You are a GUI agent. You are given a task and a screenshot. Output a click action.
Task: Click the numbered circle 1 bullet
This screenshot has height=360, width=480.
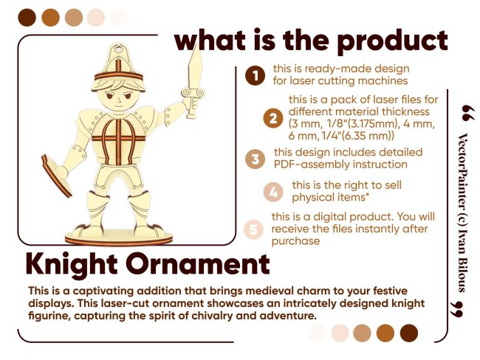point(255,75)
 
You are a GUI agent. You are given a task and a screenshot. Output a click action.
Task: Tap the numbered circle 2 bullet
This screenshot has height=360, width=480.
point(272,118)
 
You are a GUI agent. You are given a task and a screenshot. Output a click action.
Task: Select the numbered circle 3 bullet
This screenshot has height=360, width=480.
point(255,159)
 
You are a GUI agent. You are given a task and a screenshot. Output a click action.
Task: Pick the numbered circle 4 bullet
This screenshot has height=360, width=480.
point(273,192)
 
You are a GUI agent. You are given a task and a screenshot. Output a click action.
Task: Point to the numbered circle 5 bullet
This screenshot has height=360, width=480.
point(253,229)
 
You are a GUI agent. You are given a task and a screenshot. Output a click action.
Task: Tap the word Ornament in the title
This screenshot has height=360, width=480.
point(198,264)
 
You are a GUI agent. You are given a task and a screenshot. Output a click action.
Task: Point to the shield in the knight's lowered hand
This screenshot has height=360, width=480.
point(56,176)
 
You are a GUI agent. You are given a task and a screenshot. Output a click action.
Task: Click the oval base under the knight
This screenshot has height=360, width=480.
point(119,238)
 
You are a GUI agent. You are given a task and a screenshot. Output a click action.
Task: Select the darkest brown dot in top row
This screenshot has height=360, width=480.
point(27,18)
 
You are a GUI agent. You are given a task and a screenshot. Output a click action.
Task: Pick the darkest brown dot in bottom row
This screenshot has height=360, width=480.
point(409,333)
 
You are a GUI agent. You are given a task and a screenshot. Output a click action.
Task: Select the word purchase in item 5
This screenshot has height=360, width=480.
point(295,241)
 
